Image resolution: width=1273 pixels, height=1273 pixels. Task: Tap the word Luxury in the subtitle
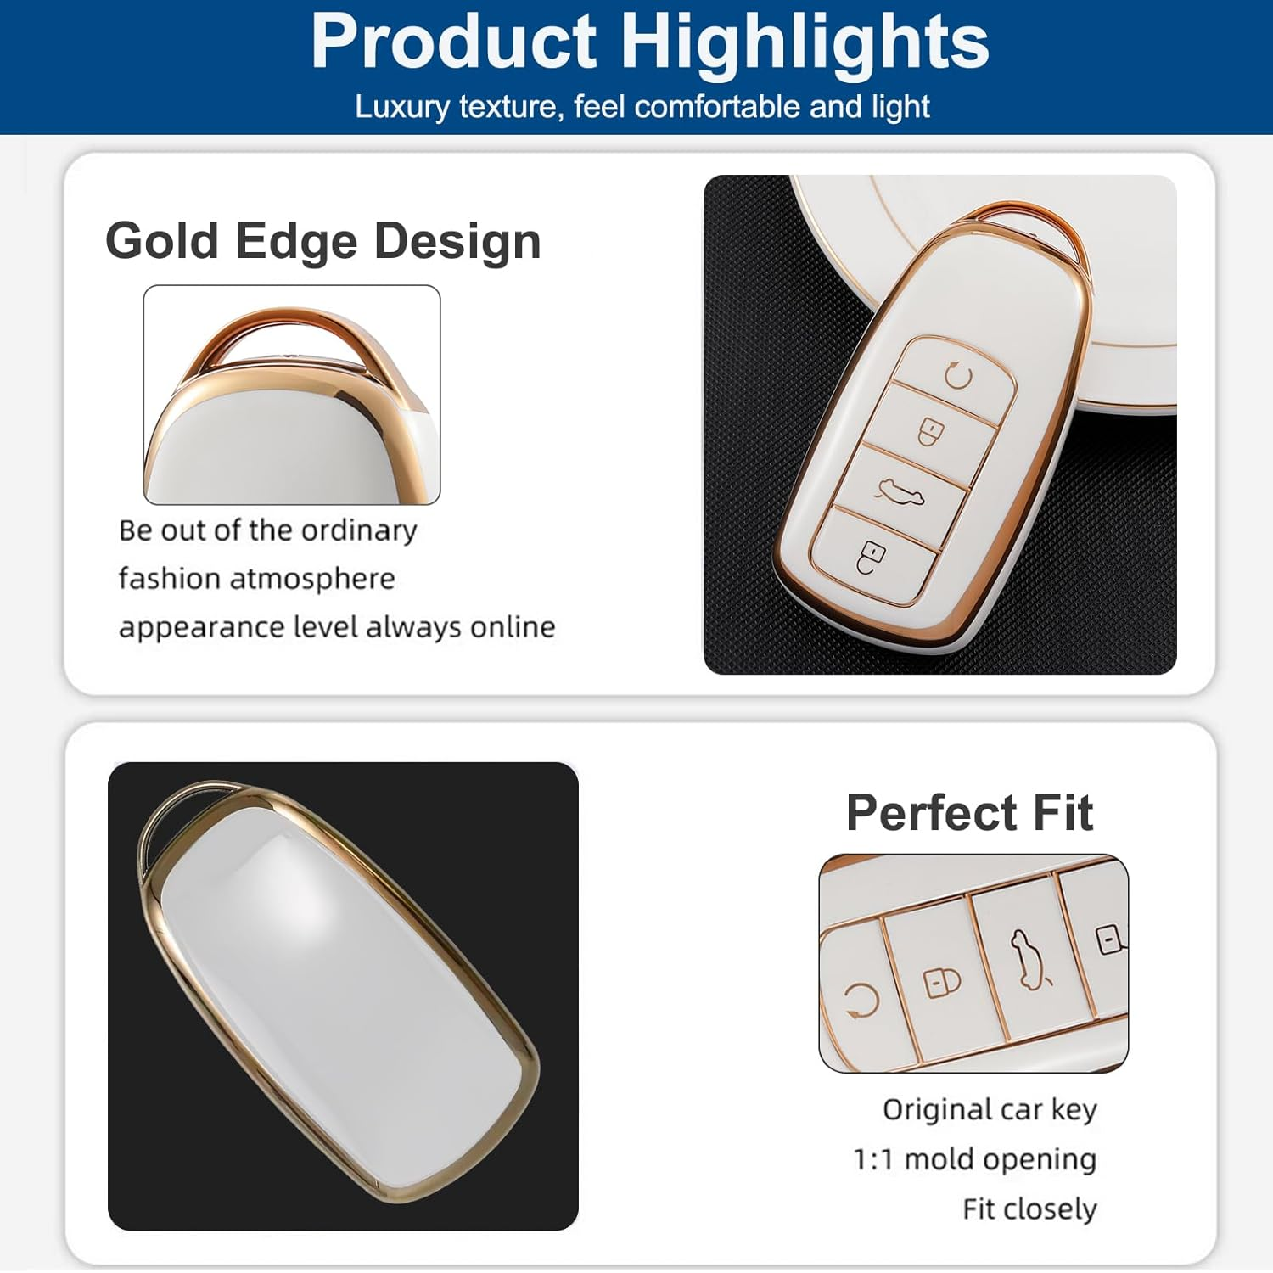pos(402,107)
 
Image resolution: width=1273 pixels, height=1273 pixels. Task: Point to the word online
pos(513,627)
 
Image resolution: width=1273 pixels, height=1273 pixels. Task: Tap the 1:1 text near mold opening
pos(873,1159)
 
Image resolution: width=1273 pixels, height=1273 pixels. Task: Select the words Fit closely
pos(1029,1209)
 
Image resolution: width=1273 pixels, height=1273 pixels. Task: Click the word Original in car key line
pos(936,1109)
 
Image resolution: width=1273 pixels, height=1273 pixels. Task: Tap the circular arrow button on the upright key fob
pos(958,374)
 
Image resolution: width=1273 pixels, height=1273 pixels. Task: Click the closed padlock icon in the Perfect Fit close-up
pos(942,982)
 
